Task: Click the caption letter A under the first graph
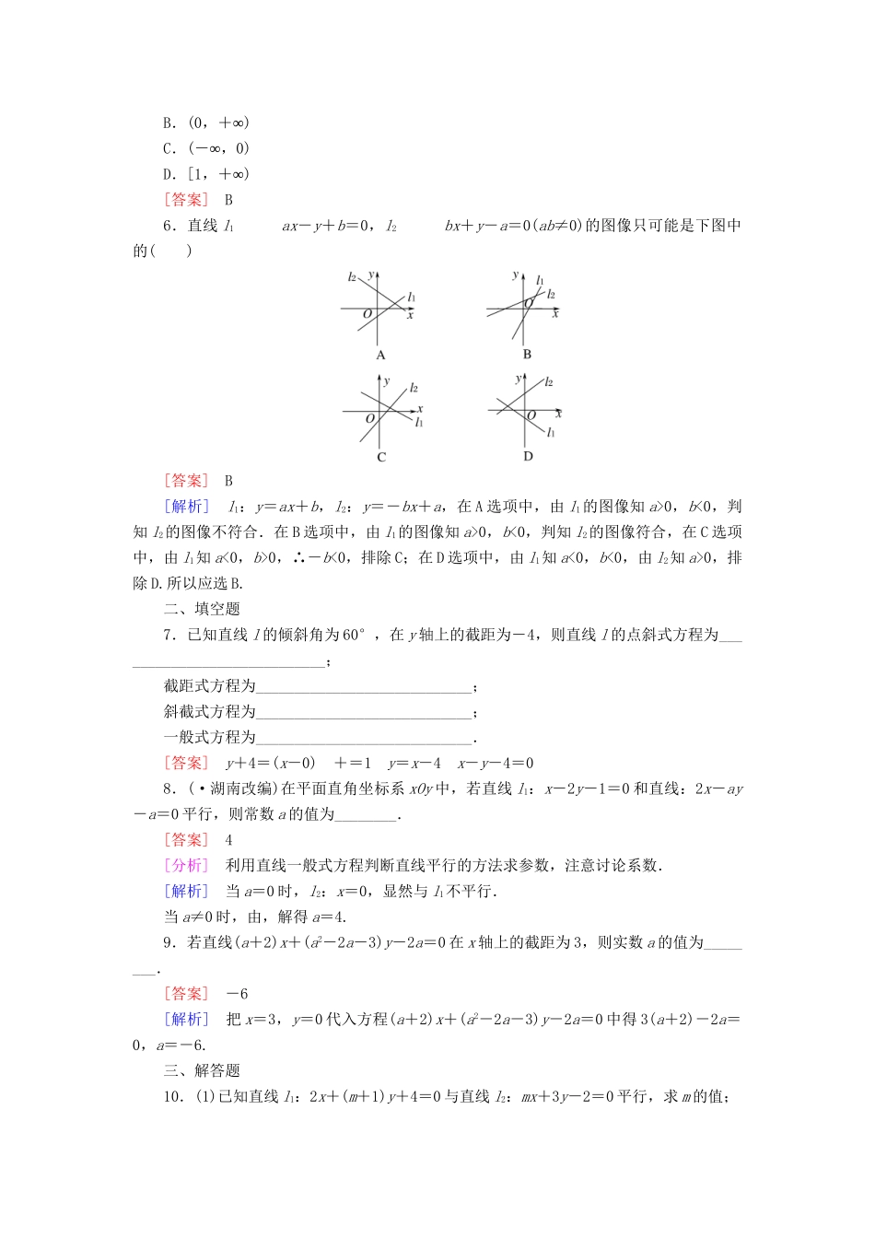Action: point(380,355)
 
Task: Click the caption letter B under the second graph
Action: point(527,355)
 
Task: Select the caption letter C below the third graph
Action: point(381,457)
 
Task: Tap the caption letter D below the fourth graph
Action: point(528,456)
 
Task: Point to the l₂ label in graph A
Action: point(353,276)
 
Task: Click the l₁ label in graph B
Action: point(540,281)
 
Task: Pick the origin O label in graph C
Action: point(370,419)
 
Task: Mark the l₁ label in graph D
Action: point(550,431)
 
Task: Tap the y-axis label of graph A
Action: point(370,274)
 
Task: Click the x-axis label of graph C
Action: point(419,408)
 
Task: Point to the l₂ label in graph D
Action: point(549,381)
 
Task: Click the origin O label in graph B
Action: point(528,304)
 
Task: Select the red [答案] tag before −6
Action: point(187,994)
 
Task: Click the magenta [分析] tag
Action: point(187,865)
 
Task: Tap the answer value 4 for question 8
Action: point(228,840)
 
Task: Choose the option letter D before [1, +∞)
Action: point(169,174)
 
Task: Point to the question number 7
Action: point(169,635)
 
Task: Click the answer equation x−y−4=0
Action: point(496,763)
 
